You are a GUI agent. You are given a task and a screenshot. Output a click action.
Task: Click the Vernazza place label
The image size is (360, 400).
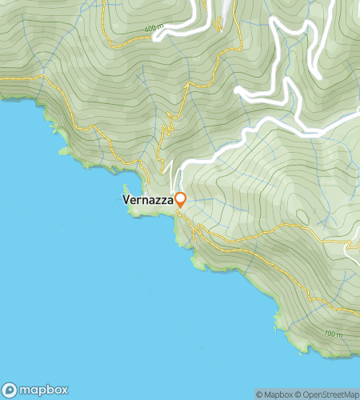148,199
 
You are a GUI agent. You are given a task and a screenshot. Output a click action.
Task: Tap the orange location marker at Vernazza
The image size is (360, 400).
181,199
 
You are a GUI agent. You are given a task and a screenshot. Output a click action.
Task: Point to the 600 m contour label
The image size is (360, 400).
154,29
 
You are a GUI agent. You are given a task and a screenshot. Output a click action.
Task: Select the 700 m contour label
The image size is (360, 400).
334,334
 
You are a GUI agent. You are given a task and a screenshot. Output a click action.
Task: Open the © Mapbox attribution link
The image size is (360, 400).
273,394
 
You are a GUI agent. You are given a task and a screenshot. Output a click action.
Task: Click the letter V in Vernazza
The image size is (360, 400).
126,199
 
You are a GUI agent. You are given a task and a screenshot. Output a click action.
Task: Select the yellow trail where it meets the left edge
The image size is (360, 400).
2,78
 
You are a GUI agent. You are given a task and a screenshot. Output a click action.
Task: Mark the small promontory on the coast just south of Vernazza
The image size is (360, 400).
194,261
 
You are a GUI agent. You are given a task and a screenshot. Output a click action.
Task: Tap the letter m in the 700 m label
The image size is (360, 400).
339,334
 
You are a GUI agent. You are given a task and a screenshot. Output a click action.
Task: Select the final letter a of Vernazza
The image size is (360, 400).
170,199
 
